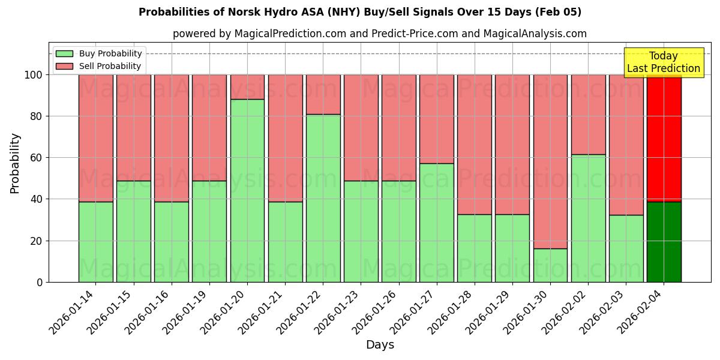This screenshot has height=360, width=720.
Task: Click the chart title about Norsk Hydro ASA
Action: (359, 12)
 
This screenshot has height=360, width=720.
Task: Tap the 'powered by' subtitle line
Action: (379, 34)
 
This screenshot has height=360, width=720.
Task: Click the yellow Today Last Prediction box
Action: (663, 62)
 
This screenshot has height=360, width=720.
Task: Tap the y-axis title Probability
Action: (15, 163)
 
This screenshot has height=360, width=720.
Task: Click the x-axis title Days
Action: (380, 344)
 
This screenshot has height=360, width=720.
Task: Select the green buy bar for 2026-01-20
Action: (247, 191)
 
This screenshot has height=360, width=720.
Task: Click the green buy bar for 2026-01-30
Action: (550, 265)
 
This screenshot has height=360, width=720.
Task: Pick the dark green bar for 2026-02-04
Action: (664, 242)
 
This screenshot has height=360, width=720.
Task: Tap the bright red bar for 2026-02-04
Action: (664, 138)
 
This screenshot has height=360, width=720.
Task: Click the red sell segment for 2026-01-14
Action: (96, 138)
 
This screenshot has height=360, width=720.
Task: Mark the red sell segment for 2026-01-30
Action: (550, 161)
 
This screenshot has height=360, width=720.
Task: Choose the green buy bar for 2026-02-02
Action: (588, 218)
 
